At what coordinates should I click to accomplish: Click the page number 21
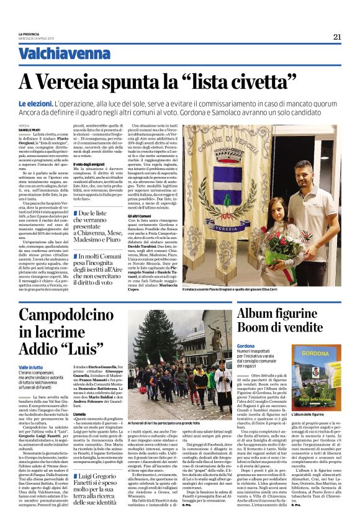coord(338,35)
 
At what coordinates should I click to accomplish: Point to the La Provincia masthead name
coord(29,33)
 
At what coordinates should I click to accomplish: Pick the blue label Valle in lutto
coord(31,367)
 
